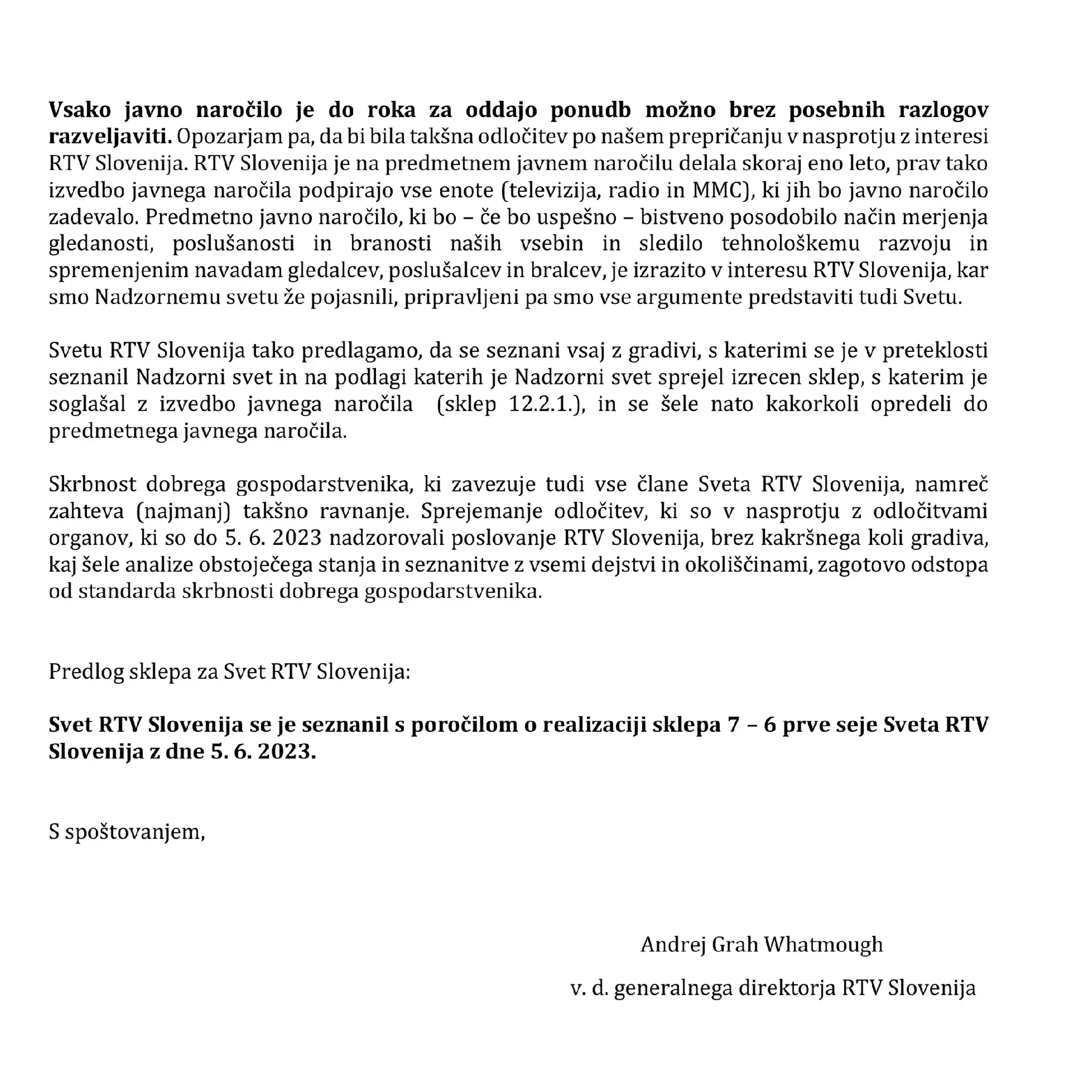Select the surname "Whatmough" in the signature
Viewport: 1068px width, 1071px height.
pos(823,944)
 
